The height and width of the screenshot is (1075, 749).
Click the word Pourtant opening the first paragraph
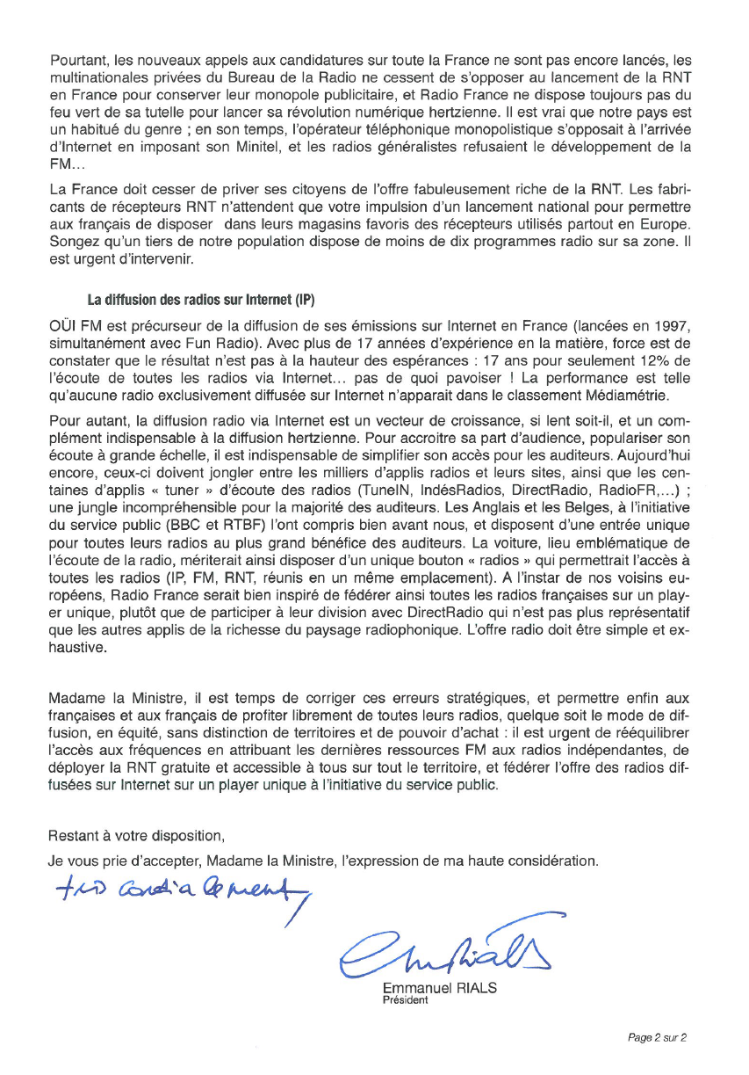pos(76,61)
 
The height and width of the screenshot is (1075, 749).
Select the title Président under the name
pos(405,999)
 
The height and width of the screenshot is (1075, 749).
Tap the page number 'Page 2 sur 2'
pos(657,1037)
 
